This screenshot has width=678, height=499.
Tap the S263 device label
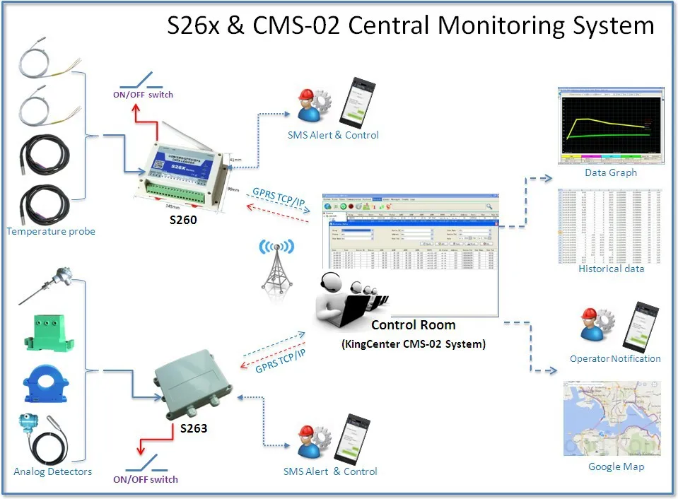193,428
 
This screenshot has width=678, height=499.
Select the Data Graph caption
610,172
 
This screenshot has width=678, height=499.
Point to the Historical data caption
611,269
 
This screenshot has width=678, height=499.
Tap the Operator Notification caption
615,359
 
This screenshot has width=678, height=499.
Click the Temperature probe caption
50,231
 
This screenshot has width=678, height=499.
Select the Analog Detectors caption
52,471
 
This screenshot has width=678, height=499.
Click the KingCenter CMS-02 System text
413,344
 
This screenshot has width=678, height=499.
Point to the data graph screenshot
610,126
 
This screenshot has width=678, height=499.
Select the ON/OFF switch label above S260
144,95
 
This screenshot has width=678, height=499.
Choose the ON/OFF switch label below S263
146,479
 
